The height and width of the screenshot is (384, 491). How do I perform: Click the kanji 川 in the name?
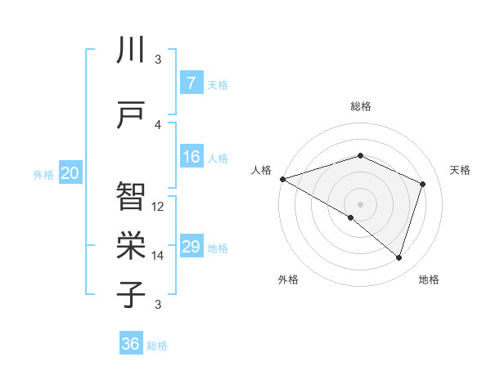click(131, 50)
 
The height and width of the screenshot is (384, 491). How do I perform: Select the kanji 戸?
click(131, 114)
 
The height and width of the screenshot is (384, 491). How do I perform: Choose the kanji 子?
click(131, 293)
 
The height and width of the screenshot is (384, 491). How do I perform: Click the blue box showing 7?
click(191, 83)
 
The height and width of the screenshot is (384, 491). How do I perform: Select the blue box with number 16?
click(191, 157)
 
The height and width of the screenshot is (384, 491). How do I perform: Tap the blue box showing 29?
click(191, 247)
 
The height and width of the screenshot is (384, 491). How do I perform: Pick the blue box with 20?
click(70, 173)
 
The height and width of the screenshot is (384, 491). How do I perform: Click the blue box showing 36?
click(131, 344)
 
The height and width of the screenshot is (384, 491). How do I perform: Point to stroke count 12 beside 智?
click(158, 206)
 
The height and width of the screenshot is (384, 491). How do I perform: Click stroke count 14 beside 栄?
click(158, 255)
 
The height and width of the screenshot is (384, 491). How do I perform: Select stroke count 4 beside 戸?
click(158, 124)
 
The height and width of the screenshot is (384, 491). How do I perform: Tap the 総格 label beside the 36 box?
click(157, 346)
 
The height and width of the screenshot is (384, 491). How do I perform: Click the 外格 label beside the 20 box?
click(43, 175)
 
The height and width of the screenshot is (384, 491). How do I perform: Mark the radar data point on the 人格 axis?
click(282, 179)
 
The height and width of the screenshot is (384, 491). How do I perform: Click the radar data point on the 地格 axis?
click(399, 258)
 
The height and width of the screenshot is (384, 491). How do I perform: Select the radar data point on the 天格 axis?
click(423, 184)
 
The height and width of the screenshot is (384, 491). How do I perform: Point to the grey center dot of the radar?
click(360, 203)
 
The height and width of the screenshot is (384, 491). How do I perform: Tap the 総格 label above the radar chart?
click(360, 106)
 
